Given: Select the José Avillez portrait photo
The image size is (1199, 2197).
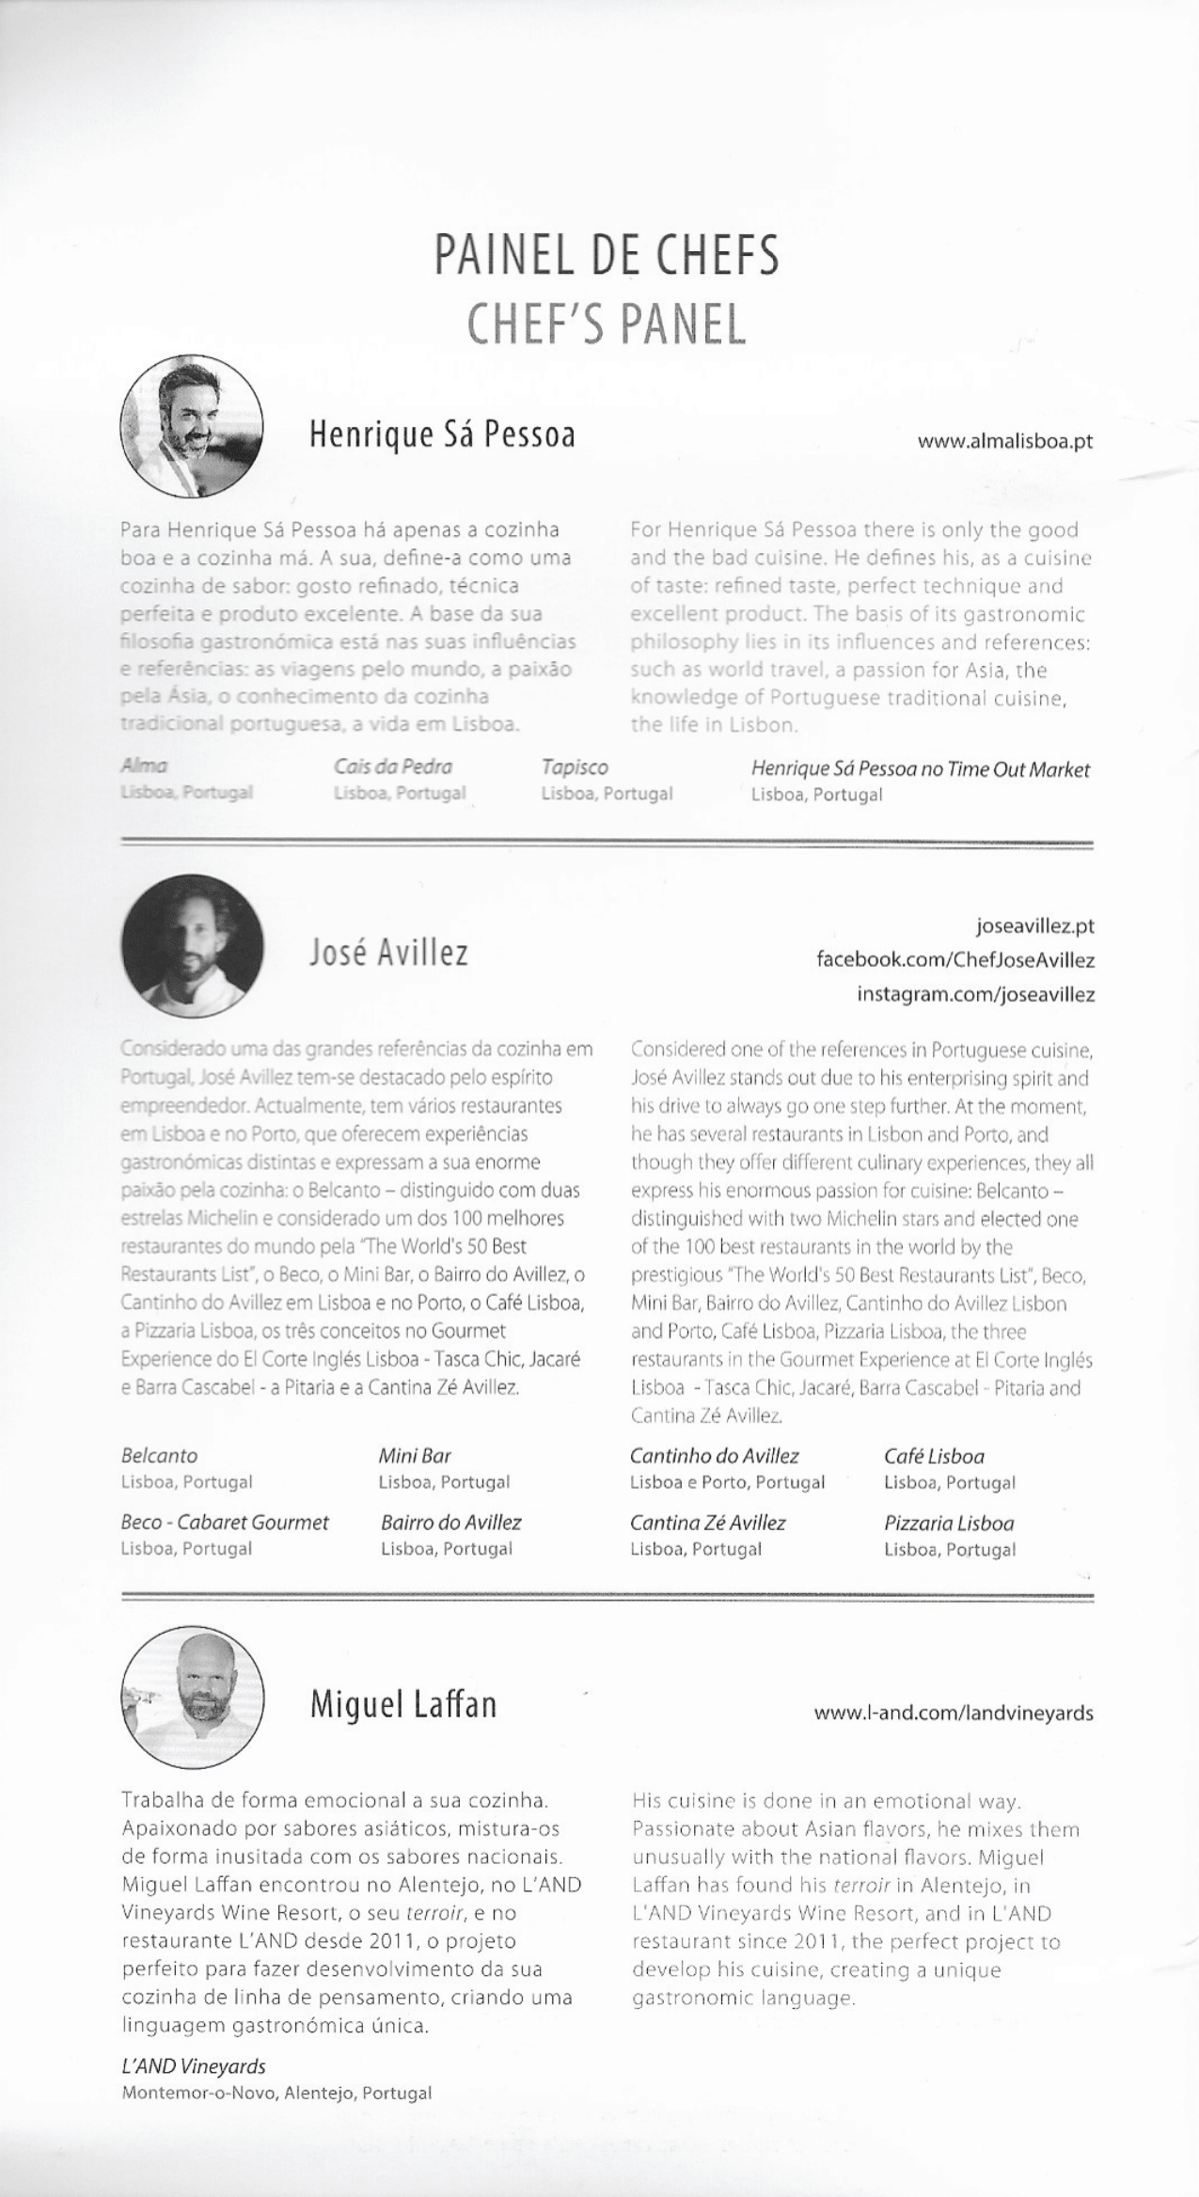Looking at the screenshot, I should (192, 945).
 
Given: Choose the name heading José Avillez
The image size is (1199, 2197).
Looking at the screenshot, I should (388, 954).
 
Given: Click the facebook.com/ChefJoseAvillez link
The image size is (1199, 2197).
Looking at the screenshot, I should (955, 960).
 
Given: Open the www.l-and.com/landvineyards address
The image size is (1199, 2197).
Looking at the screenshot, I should (954, 1713).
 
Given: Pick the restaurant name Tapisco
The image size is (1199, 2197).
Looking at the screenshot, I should (574, 767).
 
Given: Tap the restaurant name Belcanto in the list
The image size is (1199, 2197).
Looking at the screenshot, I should (159, 1455).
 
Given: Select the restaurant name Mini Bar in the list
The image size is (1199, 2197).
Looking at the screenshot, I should (415, 1455).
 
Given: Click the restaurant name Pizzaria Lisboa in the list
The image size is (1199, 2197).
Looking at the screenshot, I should (948, 1523).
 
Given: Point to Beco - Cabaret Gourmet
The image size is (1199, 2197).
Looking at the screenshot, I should (225, 1522).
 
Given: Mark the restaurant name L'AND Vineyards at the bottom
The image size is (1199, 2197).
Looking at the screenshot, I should (193, 2066).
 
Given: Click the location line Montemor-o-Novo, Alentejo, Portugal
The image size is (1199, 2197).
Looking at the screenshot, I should (276, 2094).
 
